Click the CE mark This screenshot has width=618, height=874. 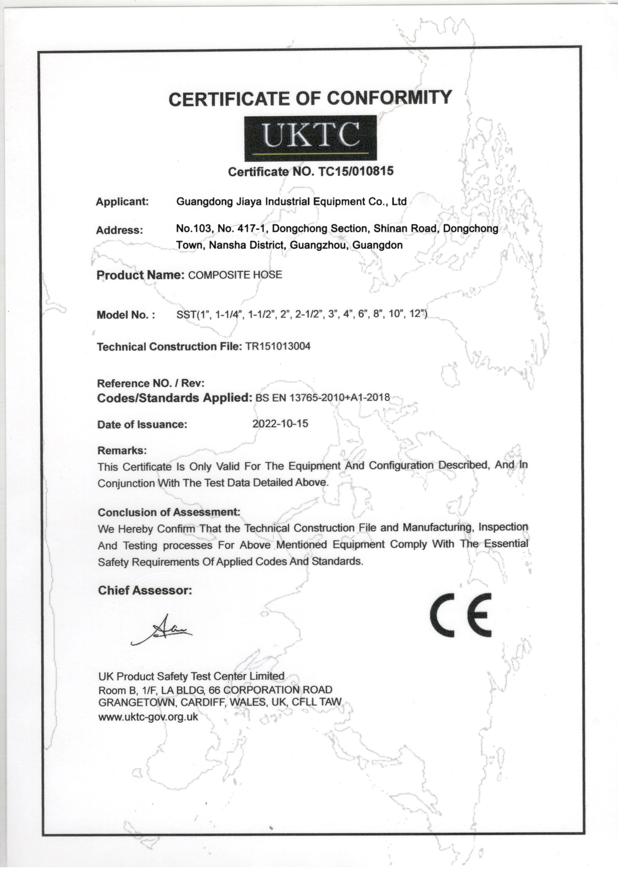coord(461,615)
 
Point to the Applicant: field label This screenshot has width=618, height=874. coord(122,202)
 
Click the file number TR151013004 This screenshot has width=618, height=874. coord(277,346)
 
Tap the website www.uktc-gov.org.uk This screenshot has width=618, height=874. coord(148,717)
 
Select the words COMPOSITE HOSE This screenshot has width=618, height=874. coord(235,275)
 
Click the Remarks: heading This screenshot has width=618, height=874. coord(122,451)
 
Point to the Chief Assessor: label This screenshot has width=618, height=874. coord(145,590)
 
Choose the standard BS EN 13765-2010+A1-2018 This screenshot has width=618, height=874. coord(323,398)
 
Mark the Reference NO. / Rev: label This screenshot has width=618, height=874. coord(151,383)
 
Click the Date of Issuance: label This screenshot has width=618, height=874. coord(142,424)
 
